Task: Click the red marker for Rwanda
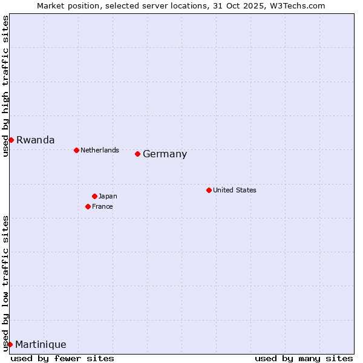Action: click(x=11, y=140)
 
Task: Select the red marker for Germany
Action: click(x=138, y=154)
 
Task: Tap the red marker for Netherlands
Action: click(x=76, y=150)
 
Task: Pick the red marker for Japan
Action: click(x=94, y=196)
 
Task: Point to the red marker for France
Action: click(x=88, y=206)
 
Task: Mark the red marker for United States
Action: click(x=209, y=190)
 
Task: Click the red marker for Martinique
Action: click(x=10, y=344)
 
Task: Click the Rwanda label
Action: click(x=35, y=140)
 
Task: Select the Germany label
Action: click(x=165, y=154)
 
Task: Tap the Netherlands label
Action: click(x=100, y=150)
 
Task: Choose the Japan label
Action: click(x=108, y=196)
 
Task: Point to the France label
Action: click(x=102, y=206)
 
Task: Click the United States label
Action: click(x=235, y=190)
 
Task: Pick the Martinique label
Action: click(x=41, y=344)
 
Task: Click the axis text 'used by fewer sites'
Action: click(x=62, y=358)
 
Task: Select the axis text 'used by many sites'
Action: click(x=304, y=358)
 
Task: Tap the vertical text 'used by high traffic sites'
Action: click(x=5, y=86)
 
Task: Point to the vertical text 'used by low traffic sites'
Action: click(x=5, y=283)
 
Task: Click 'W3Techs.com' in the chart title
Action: click(x=301, y=5)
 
